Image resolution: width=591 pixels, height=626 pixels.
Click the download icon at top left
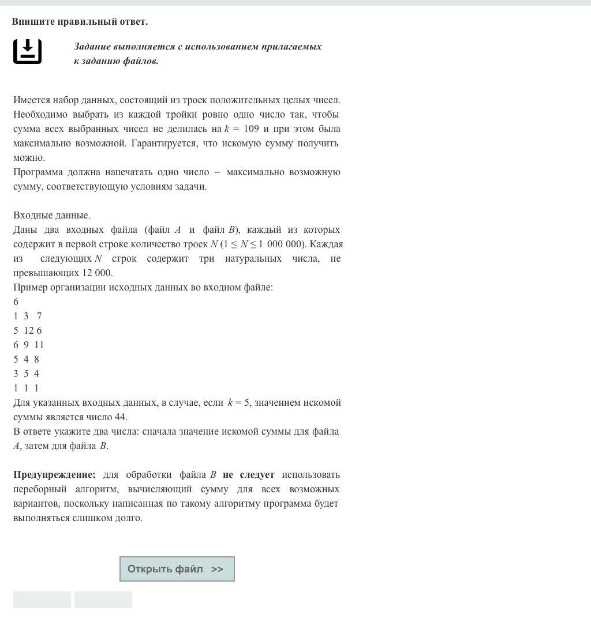(27, 51)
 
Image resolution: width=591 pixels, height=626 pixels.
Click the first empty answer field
(42, 599)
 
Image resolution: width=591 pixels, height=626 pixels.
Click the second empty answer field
(103, 599)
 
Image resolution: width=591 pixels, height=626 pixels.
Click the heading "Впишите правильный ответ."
(80, 21)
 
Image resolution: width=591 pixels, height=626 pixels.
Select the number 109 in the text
(251, 129)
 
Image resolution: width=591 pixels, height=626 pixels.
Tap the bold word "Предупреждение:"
(54, 475)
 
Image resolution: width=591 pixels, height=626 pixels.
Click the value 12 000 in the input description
(98, 273)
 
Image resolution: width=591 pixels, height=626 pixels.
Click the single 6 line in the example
(16, 301)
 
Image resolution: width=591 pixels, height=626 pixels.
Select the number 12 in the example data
(29, 330)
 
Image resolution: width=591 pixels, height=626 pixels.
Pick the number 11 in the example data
(39, 345)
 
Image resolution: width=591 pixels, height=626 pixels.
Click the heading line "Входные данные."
(52, 215)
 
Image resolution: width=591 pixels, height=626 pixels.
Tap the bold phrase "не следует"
(248, 475)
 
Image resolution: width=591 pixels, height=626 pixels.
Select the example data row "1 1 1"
(26, 388)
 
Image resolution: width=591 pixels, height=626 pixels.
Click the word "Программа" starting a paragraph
(38, 172)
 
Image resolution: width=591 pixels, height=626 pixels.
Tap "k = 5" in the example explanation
(239, 402)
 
